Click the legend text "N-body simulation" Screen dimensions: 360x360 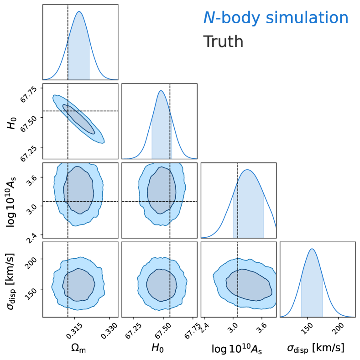(276, 18)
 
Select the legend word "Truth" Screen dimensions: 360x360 (223, 42)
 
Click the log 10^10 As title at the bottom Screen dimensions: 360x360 (237, 349)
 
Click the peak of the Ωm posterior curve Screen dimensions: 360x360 (79, 11)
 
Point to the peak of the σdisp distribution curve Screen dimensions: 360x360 (312, 249)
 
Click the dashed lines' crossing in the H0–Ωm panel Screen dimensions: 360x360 (68, 111)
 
